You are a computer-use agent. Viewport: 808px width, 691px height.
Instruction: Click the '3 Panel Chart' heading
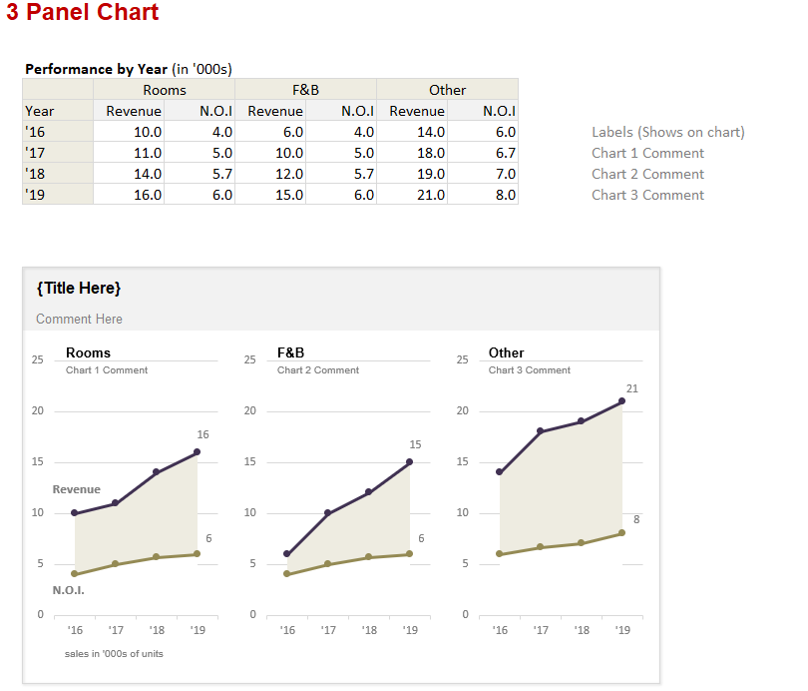[x=83, y=13]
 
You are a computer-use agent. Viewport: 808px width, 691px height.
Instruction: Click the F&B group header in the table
[x=305, y=90]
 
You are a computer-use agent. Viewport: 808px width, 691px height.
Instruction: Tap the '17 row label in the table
[x=35, y=153]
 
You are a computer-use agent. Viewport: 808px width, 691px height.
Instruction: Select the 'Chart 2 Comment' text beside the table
[x=647, y=174]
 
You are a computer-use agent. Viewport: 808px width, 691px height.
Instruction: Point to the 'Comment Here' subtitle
[x=79, y=319]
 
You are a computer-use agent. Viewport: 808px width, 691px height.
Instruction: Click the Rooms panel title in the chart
[x=88, y=352]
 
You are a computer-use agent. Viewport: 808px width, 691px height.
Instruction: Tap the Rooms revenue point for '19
[x=197, y=451]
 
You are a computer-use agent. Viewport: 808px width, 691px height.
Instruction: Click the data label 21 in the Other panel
[x=631, y=387]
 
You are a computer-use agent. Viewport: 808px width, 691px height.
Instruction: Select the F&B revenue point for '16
[x=287, y=553]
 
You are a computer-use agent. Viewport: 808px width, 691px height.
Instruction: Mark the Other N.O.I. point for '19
[x=622, y=532]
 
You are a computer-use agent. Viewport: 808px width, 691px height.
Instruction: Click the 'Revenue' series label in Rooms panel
[x=76, y=489]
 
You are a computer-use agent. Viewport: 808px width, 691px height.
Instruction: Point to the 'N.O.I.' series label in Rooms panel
[x=68, y=590]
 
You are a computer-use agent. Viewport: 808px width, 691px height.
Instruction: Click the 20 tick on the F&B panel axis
[x=249, y=410]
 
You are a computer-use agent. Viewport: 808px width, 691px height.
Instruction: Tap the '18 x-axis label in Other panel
[x=582, y=630]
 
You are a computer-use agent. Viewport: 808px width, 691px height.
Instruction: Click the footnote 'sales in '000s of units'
[x=115, y=653]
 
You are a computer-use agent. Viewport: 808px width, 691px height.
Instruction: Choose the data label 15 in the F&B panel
[x=415, y=443]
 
